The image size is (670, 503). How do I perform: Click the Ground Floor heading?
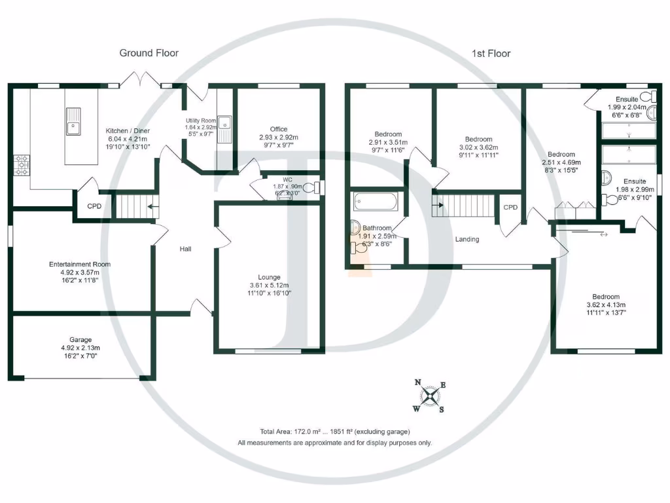(x=149, y=53)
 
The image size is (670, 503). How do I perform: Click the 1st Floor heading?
(x=491, y=53)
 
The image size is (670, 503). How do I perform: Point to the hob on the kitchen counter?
(x=21, y=166)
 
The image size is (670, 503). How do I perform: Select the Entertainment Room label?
(x=80, y=265)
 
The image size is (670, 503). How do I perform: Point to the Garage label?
(x=80, y=340)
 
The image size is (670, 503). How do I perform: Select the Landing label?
(x=467, y=239)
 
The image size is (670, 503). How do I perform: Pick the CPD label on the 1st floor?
(x=510, y=208)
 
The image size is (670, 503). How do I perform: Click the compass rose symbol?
(x=429, y=397)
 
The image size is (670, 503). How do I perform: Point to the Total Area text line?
(x=334, y=432)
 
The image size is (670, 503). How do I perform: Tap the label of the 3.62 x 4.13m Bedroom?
(x=605, y=297)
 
